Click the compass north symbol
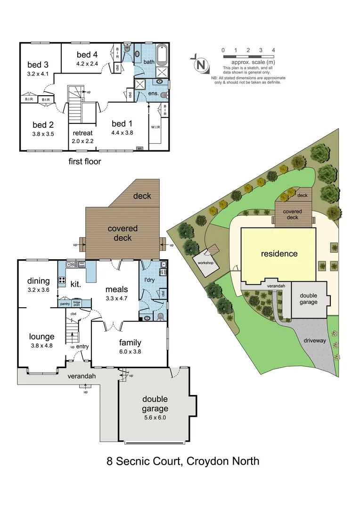(x=202, y=65)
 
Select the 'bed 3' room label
(x=38, y=65)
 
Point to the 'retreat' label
(x=82, y=133)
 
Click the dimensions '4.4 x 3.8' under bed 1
(x=122, y=132)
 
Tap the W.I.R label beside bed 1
(x=155, y=127)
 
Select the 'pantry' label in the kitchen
(x=65, y=304)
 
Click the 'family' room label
(x=130, y=343)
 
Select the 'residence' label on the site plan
(x=279, y=254)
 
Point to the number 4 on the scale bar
(x=273, y=50)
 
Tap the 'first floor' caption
(x=85, y=161)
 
